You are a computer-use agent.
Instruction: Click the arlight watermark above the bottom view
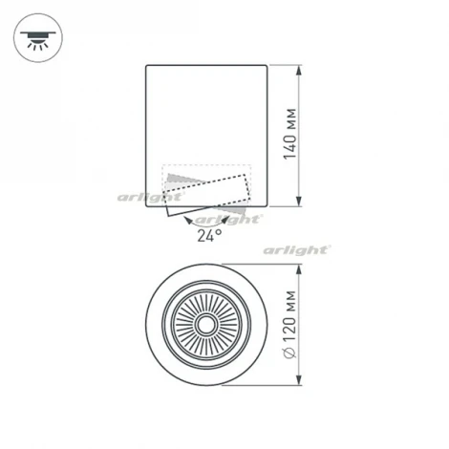pos(297,250)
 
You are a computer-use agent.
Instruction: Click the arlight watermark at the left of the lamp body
pos(143,198)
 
